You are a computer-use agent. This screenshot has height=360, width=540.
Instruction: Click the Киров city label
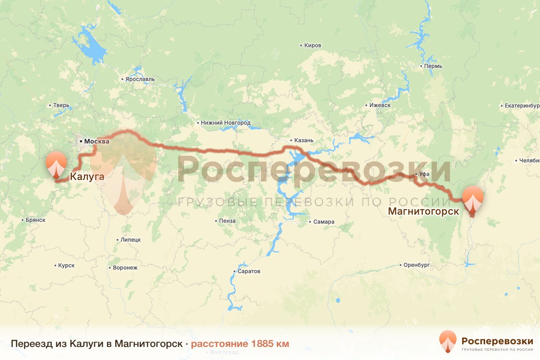coord(312,46)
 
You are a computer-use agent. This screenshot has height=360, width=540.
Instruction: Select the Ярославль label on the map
coord(139,79)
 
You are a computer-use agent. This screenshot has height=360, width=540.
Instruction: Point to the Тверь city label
coord(61,106)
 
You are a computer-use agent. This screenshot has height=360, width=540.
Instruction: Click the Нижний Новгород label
coord(225,123)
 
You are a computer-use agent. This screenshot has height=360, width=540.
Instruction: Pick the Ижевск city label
coord(379,105)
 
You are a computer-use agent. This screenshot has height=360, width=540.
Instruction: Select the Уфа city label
coord(423,174)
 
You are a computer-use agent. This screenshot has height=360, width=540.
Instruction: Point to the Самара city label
coord(324,222)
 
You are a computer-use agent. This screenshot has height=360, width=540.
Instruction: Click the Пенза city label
coord(227,221)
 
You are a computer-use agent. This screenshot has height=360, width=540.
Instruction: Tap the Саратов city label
coord(249,272)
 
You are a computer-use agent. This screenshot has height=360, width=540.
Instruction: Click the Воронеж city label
coord(125,267)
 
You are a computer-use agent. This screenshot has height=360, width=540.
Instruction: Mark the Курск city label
coord(66,265)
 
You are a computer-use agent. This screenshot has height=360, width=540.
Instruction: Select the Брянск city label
coord(36,220)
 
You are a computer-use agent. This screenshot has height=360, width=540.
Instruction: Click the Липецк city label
coord(130,240)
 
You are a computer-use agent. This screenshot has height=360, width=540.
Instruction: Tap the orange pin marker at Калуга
coord(57,164)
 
